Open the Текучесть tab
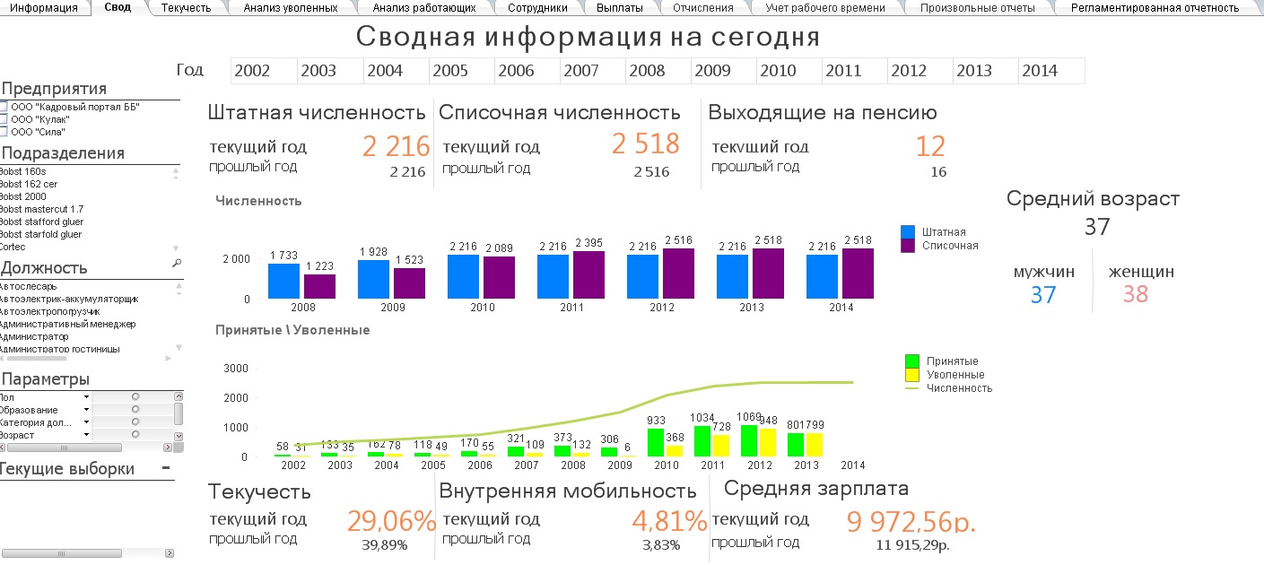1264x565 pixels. tap(186, 8)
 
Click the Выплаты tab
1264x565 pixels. tap(619, 8)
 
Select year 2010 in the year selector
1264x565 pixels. tap(778, 71)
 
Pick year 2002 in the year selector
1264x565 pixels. tap(252, 71)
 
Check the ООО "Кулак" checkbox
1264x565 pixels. tap(4, 119)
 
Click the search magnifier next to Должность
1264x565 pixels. tap(176, 264)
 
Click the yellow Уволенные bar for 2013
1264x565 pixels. tap(815, 446)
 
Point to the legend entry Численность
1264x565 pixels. tap(959, 388)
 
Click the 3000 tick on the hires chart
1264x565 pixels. tap(234, 368)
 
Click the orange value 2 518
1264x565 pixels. tap(646, 144)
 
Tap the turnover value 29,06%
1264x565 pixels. tap(391, 521)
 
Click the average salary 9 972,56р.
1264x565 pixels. tap(911, 521)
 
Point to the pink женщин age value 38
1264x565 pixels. tap(1135, 294)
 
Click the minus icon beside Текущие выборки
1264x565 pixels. tap(165, 468)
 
